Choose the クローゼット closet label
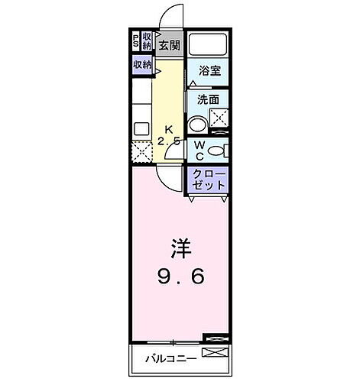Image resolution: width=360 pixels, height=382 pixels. click(208, 180)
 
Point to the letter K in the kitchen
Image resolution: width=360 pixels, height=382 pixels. click(168, 128)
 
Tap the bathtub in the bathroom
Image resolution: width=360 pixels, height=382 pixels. click(207, 45)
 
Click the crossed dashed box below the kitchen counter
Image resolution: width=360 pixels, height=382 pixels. click(141, 152)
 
